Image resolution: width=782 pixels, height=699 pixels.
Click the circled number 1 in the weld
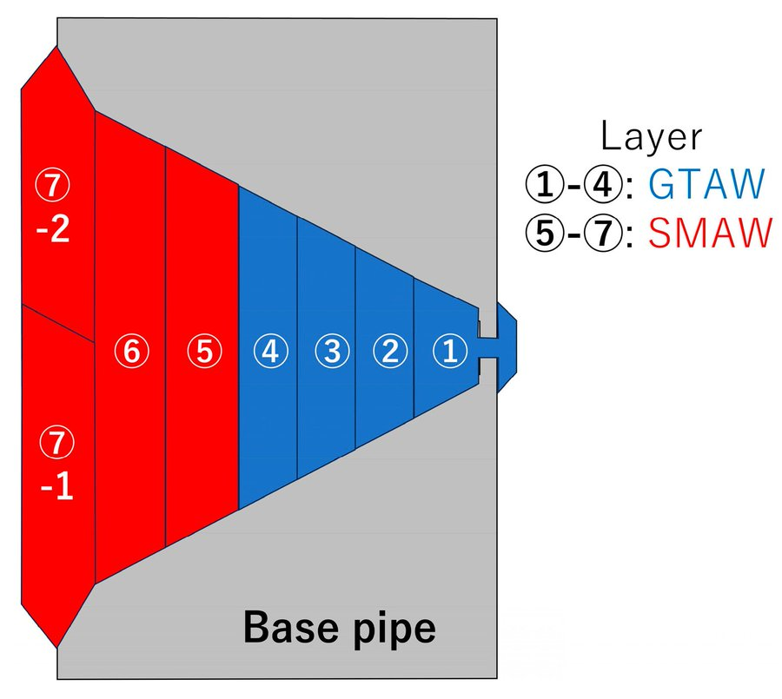click(x=449, y=352)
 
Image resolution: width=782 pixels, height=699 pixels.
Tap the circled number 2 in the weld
click(x=390, y=352)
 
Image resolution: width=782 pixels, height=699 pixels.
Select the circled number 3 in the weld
click(x=331, y=352)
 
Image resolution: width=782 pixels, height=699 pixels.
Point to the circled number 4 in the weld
click(x=270, y=352)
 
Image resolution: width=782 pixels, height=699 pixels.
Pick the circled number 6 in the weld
click(x=131, y=352)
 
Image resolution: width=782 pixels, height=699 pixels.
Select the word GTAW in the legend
click(x=706, y=185)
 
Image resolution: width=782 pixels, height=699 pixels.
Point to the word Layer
click(x=651, y=136)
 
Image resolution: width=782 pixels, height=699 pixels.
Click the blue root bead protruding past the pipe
click(x=505, y=347)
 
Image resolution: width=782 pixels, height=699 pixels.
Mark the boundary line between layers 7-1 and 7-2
click(x=56, y=322)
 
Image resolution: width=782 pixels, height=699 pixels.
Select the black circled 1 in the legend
click(x=542, y=186)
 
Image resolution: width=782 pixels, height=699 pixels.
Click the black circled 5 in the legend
click(x=542, y=234)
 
